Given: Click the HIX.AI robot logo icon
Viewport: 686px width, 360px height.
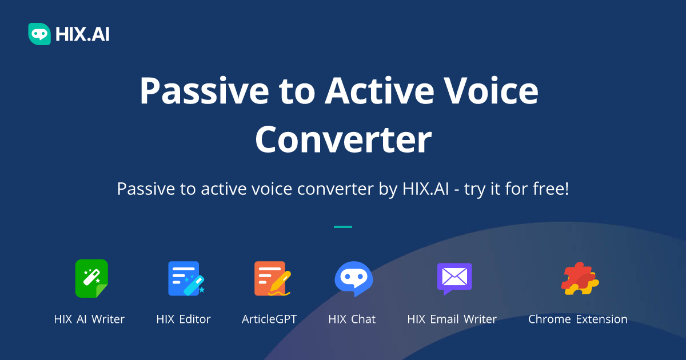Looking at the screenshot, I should (x=39, y=34).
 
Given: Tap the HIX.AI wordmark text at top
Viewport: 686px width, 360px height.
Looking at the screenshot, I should (x=82, y=34).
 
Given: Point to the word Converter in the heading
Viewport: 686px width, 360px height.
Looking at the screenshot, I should (x=343, y=139).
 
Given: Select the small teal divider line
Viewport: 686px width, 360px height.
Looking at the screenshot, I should (x=343, y=227).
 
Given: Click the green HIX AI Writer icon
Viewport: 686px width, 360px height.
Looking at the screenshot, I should (x=91, y=278).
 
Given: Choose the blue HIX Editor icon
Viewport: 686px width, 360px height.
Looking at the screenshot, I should (x=184, y=278).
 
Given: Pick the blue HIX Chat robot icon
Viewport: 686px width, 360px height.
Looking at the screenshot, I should (x=353, y=278).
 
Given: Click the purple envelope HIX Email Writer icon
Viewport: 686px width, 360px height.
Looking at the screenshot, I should (x=454, y=278).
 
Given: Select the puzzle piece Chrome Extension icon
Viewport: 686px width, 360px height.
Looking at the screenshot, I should (x=579, y=278).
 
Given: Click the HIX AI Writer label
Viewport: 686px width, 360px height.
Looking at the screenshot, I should (x=89, y=319).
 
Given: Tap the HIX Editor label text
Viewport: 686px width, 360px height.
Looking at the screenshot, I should (x=184, y=319).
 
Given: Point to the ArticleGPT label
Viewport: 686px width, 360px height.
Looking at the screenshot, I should (x=269, y=319).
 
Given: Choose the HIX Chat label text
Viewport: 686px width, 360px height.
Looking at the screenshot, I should (x=352, y=319).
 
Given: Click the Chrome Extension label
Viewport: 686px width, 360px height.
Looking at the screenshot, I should (x=577, y=319).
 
